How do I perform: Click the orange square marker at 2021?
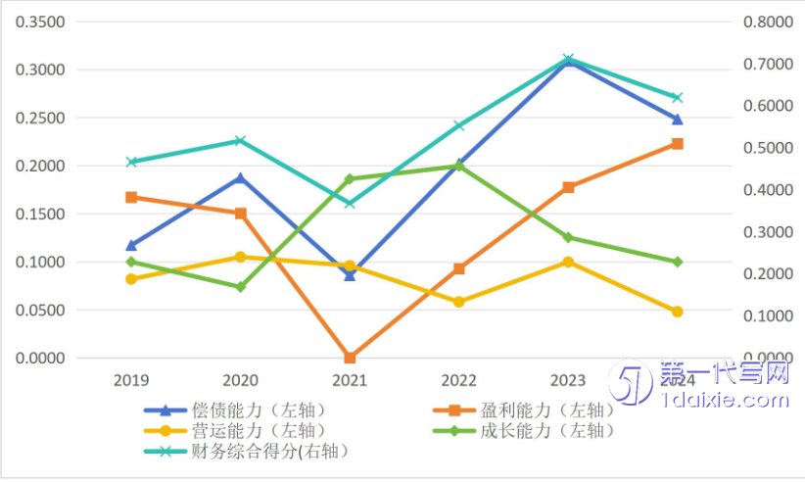(x=350, y=358)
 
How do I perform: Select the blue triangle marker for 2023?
(x=568, y=63)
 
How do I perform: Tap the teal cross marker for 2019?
(x=131, y=162)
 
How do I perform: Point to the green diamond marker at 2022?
(x=459, y=166)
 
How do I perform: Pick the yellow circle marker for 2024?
(x=677, y=312)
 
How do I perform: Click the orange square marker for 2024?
(x=677, y=144)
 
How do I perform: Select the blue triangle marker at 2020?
(x=241, y=178)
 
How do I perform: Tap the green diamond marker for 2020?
(x=241, y=287)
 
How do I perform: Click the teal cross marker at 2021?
(x=350, y=203)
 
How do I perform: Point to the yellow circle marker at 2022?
(x=459, y=302)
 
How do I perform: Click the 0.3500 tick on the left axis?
(x=40, y=22)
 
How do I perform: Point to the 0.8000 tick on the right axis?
(x=768, y=22)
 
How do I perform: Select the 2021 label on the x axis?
(x=350, y=380)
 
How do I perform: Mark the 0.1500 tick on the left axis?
(x=40, y=214)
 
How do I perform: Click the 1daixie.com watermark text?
(x=725, y=400)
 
